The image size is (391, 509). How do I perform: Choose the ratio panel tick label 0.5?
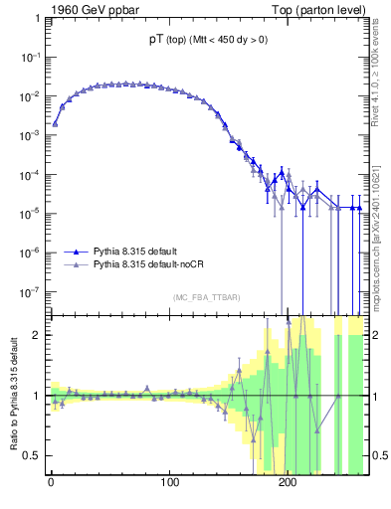coord(32,455)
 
